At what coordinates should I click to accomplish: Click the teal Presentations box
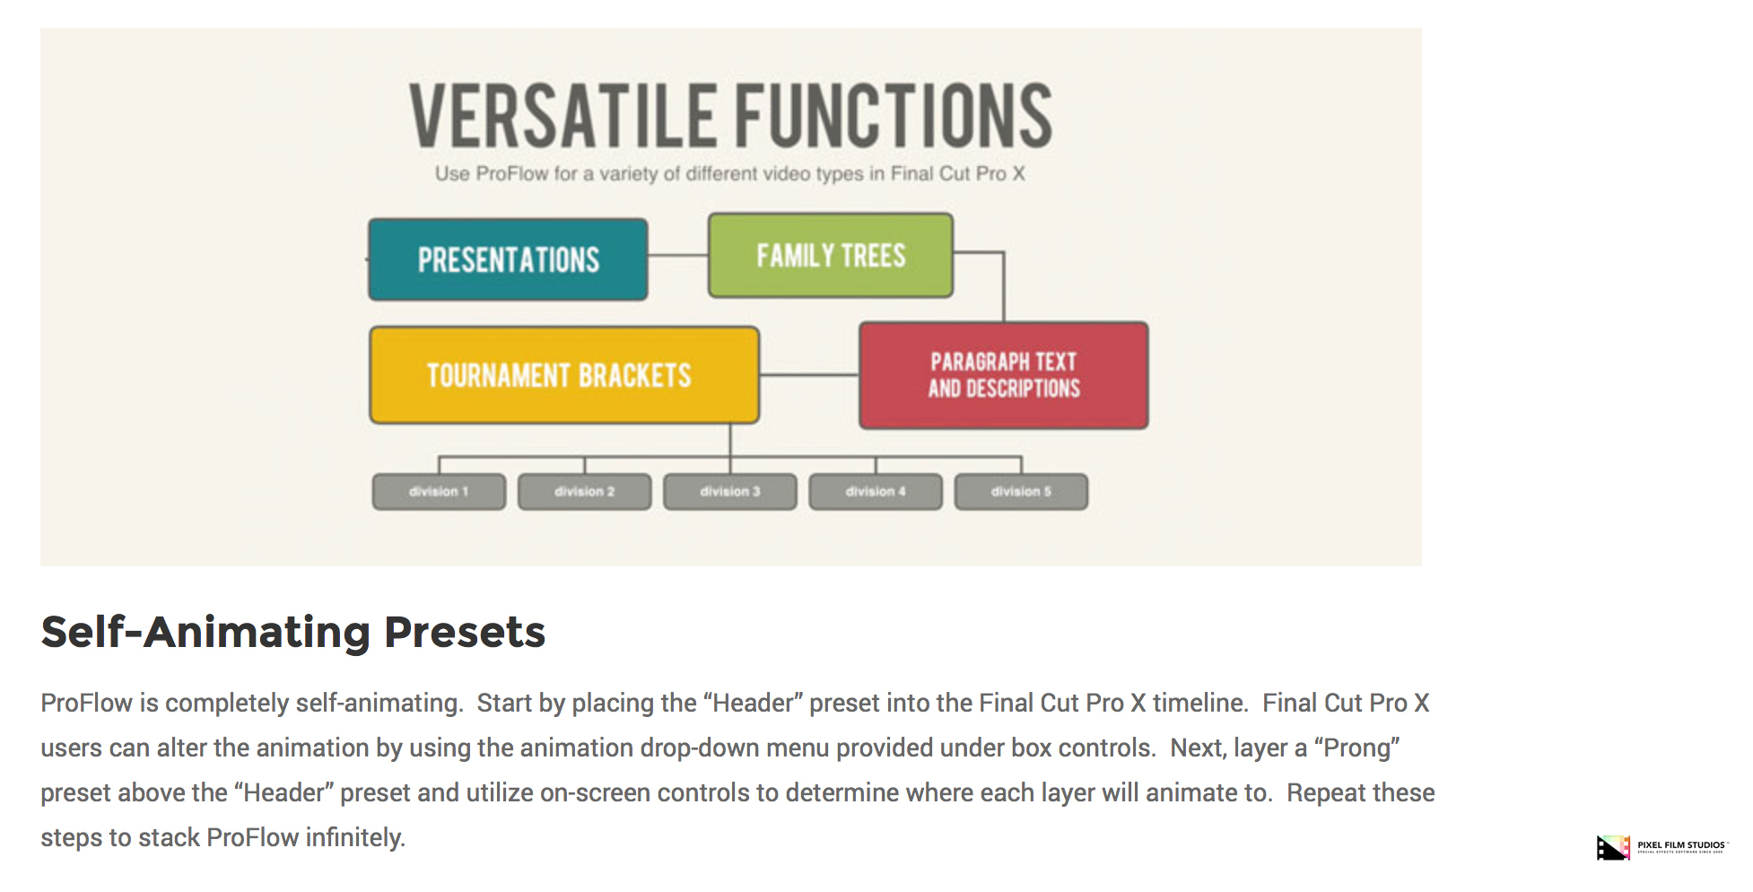[508, 259]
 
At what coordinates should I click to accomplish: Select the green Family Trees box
[831, 256]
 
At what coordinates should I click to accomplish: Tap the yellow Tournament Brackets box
[564, 375]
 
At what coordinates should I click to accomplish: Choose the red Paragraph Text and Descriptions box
[1004, 375]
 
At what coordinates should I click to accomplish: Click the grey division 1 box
[439, 492]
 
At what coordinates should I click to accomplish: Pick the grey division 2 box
[585, 492]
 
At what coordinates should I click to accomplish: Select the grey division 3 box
[730, 492]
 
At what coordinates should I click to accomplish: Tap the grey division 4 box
[876, 492]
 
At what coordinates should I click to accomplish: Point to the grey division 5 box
[1021, 492]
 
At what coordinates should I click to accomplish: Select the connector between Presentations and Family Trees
[678, 256]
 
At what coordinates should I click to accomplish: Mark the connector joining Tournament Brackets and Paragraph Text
[809, 375]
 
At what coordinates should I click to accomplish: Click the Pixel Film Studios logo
[1661, 847]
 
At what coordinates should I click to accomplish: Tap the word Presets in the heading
[465, 632]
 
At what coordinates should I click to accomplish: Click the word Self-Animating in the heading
[205, 632]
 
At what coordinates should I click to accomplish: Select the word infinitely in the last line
[355, 837]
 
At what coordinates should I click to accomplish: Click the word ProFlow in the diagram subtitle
[511, 173]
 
